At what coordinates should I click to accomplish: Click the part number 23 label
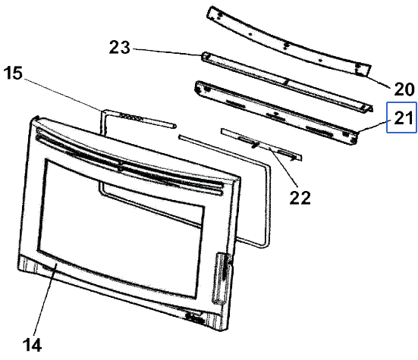[x=120, y=48]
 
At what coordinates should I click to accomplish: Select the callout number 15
[x=13, y=73]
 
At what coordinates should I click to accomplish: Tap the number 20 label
[x=404, y=89]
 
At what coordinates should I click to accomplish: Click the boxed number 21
[x=403, y=117]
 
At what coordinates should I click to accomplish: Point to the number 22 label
[x=300, y=198]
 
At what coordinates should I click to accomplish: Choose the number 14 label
[x=32, y=345]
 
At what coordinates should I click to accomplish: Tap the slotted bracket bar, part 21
[x=276, y=113]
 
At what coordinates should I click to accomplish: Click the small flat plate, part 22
[x=261, y=144]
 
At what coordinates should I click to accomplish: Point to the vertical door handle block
[x=221, y=277]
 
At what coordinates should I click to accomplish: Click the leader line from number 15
[x=62, y=95]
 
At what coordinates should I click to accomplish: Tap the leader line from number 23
[x=168, y=52]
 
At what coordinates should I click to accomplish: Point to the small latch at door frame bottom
[x=196, y=318]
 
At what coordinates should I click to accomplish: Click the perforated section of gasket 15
[x=130, y=117]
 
